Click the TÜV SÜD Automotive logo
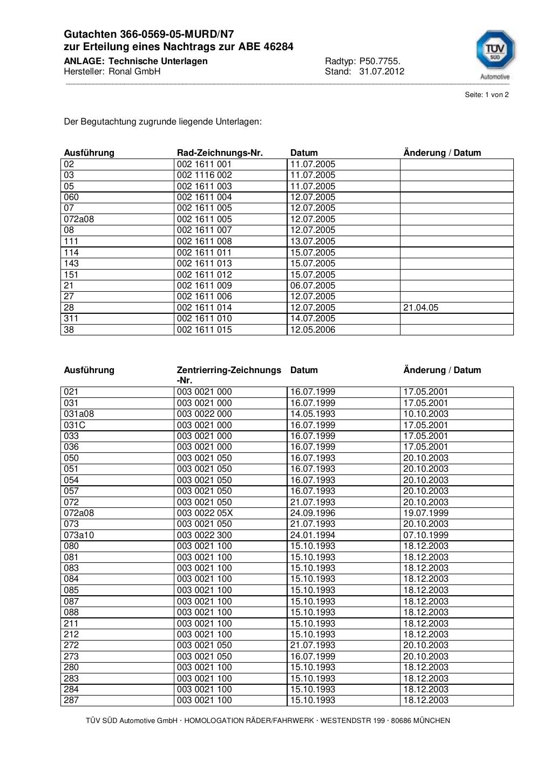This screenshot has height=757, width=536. point(495,54)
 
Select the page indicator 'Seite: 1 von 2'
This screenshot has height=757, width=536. point(486,95)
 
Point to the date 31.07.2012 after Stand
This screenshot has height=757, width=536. point(382,72)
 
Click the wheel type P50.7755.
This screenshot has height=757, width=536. point(380,61)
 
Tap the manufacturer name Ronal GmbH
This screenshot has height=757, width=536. point(134,72)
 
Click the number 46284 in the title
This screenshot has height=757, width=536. point(278,47)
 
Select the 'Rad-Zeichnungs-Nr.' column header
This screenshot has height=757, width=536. point(220,153)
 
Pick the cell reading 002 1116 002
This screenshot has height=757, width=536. point(204,175)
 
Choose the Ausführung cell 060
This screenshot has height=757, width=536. point(71,197)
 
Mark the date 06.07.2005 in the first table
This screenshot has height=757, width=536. point(313,285)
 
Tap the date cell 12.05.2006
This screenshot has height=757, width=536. point(313,329)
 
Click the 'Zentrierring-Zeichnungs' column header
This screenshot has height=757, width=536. point(229,370)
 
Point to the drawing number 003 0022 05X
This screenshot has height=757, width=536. point(205,513)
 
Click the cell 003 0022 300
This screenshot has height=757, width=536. point(204,535)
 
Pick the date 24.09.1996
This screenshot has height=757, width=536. point(313,513)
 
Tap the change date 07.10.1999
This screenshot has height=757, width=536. point(425,535)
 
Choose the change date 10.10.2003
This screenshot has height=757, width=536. point(425,414)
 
